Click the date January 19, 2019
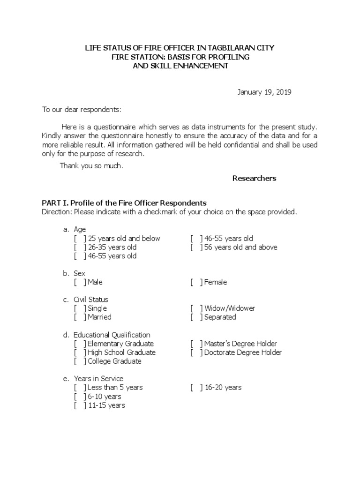pyautogui.click(x=264, y=92)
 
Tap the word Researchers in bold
pyautogui.click(x=254, y=178)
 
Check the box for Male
pyautogui.click(x=80, y=282)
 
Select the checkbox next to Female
pyautogui.click(x=196, y=282)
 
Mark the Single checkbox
pyautogui.click(x=80, y=308)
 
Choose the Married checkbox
pyautogui.click(x=80, y=317)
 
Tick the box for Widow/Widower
pyautogui.click(x=196, y=308)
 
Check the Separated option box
pyautogui.click(x=196, y=317)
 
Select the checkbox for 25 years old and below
pyautogui.click(x=80, y=239)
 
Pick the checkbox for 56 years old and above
pyautogui.click(x=196, y=247)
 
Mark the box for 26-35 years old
pyautogui.click(x=80, y=247)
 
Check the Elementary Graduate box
pyautogui.click(x=80, y=344)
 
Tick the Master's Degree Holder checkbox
pyautogui.click(x=196, y=344)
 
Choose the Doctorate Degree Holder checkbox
pyautogui.click(x=196, y=352)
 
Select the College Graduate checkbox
pyautogui.click(x=80, y=361)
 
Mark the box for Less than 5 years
pyautogui.click(x=80, y=388)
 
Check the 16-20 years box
pyautogui.click(x=196, y=388)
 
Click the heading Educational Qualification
pyautogui.click(x=112, y=335)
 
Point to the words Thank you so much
pyautogui.click(x=91, y=166)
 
